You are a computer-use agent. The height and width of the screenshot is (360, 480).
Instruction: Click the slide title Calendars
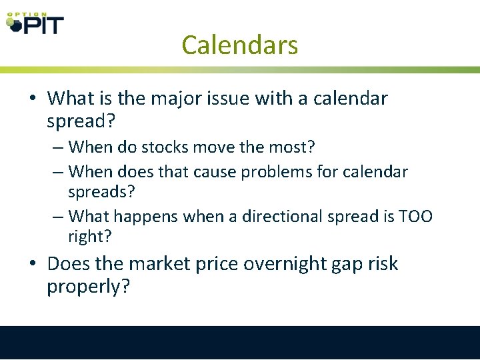click(x=239, y=45)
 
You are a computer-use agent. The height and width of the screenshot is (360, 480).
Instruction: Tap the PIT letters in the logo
click(x=44, y=25)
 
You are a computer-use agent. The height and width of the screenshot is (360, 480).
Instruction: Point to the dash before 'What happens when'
click(x=58, y=216)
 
